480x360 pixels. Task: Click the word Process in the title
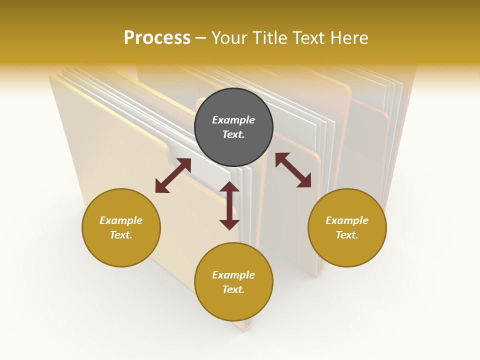tap(157, 38)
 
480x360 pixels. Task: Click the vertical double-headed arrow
tap(229, 205)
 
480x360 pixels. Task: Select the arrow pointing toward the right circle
tap(293, 170)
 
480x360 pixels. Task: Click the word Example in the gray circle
tap(233, 120)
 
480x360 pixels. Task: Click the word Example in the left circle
tap(121, 220)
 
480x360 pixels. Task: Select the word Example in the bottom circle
tap(233, 275)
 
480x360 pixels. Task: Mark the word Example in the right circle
tap(347, 220)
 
